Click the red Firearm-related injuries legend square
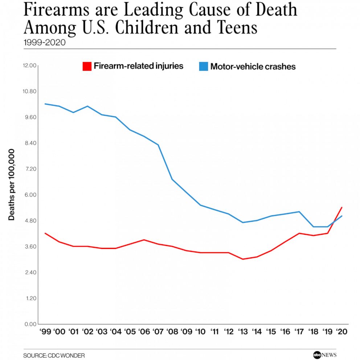87,66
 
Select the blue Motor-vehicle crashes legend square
204,66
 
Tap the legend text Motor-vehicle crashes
253,67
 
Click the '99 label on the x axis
45,332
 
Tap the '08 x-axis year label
172,332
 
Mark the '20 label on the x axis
342,332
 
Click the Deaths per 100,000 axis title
12,184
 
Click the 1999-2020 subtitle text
44,42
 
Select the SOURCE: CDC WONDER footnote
54,356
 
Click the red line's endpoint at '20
342,207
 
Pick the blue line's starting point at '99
45,104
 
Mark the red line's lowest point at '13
242,259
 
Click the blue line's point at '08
172,179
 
